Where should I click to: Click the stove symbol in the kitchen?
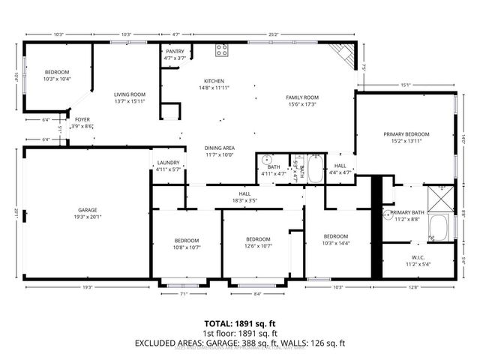tap(222, 50)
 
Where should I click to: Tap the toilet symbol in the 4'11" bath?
tap(267, 160)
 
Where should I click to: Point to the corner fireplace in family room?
tap(343, 54)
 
